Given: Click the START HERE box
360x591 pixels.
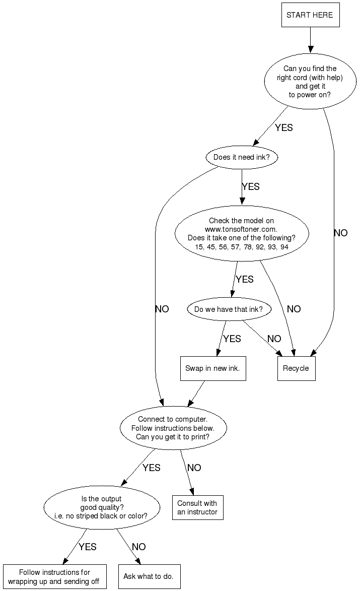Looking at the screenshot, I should coord(310,15).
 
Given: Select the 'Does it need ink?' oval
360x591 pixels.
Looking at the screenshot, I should coord(242,157).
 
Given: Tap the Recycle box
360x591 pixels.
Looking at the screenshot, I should coord(296,368).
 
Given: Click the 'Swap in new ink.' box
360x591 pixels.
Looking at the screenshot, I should coord(212,368).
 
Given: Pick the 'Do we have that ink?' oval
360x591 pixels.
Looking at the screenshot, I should coord(229,309).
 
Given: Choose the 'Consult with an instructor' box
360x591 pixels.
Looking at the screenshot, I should coord(197,507).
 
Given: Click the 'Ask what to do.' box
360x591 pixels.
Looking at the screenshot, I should coord(149,576).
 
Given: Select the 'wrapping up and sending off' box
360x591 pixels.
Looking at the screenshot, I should coord(54,577).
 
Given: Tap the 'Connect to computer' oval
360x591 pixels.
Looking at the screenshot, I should coord(173,428).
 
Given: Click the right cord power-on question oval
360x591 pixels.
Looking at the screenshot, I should coord(310,81).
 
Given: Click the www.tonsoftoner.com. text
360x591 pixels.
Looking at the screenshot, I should coord(241,229).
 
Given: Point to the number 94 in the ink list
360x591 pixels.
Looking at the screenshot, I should coord(284,247).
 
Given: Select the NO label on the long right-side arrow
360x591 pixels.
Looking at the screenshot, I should coord(341,233).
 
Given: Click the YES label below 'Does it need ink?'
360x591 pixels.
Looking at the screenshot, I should coord(251,187).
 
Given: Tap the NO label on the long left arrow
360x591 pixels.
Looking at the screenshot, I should coord(162,309).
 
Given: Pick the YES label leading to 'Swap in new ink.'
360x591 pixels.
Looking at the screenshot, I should coord(232,339).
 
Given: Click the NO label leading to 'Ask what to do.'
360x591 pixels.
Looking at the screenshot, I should coord(139,547).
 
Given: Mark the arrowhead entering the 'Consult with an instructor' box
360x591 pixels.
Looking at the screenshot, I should coord(192,492).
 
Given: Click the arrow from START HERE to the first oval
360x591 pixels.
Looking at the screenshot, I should coord(310,40).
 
